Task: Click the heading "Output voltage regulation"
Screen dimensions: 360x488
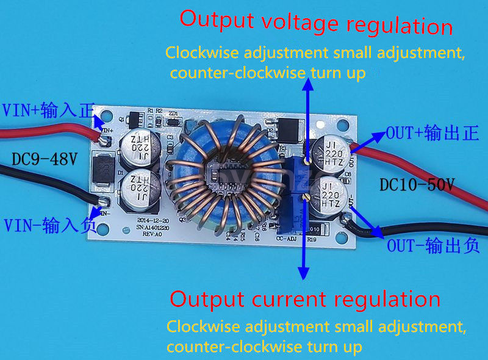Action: [316, 23]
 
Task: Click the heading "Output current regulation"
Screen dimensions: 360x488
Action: [304, 300]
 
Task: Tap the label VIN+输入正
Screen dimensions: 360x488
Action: [48, 110]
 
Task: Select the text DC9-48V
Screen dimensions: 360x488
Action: [45, 160]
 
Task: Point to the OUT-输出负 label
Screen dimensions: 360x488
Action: [432, 246]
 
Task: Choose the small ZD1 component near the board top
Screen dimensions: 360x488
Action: [174, 121]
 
